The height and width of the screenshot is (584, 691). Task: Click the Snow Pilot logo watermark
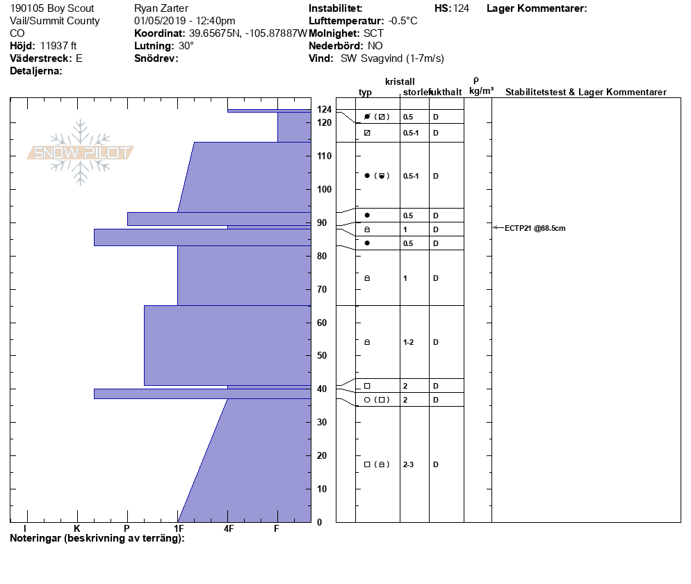(80, 152)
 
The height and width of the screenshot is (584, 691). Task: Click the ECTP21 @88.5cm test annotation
(535, 228)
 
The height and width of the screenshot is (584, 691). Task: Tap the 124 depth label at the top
(325, 109)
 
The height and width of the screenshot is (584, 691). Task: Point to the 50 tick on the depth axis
(322, 356)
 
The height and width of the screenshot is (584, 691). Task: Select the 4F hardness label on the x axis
(229, 528)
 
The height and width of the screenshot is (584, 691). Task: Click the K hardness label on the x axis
(76, 528)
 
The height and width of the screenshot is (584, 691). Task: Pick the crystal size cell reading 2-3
(409, 464)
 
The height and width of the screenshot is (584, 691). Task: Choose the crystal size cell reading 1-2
(409, 343)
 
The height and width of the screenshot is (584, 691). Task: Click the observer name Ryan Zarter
(161, 8)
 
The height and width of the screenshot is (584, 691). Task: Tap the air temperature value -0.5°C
(403, 21)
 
